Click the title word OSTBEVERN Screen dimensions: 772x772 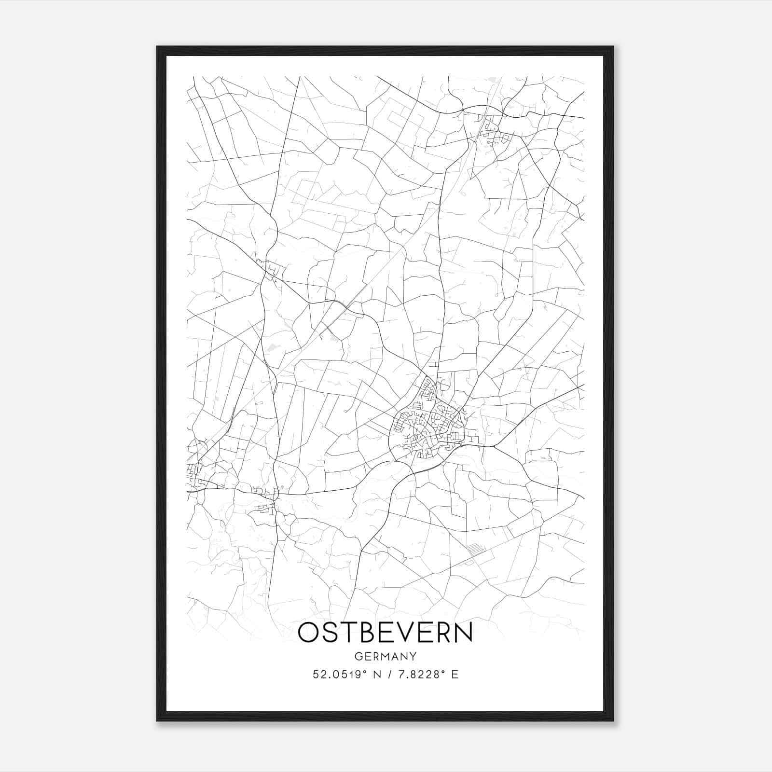click(x=385, y=633)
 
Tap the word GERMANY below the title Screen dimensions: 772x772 click(x=385, y=657)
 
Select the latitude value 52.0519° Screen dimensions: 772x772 click(x=342, y=675)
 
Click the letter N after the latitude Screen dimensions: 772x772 click(x=378, y=675)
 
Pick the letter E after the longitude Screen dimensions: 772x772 click(x=455, y=675)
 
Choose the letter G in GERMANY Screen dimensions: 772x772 click(x=358, y=657)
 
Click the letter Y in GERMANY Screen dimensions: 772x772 click(x=413, y=657)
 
